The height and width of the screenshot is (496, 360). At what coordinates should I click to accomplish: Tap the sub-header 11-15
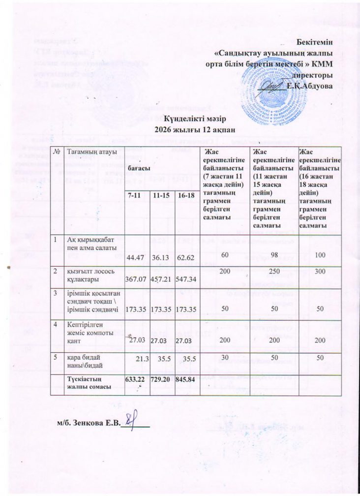coord(161,196)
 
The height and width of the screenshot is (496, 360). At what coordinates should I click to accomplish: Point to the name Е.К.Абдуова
coord(308,85)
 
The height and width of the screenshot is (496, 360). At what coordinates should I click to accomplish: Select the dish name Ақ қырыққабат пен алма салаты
coord(88,243)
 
